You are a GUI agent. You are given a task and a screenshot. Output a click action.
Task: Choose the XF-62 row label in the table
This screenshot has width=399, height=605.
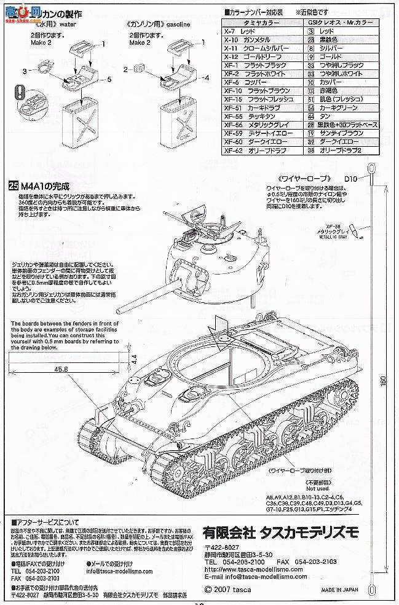235,149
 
